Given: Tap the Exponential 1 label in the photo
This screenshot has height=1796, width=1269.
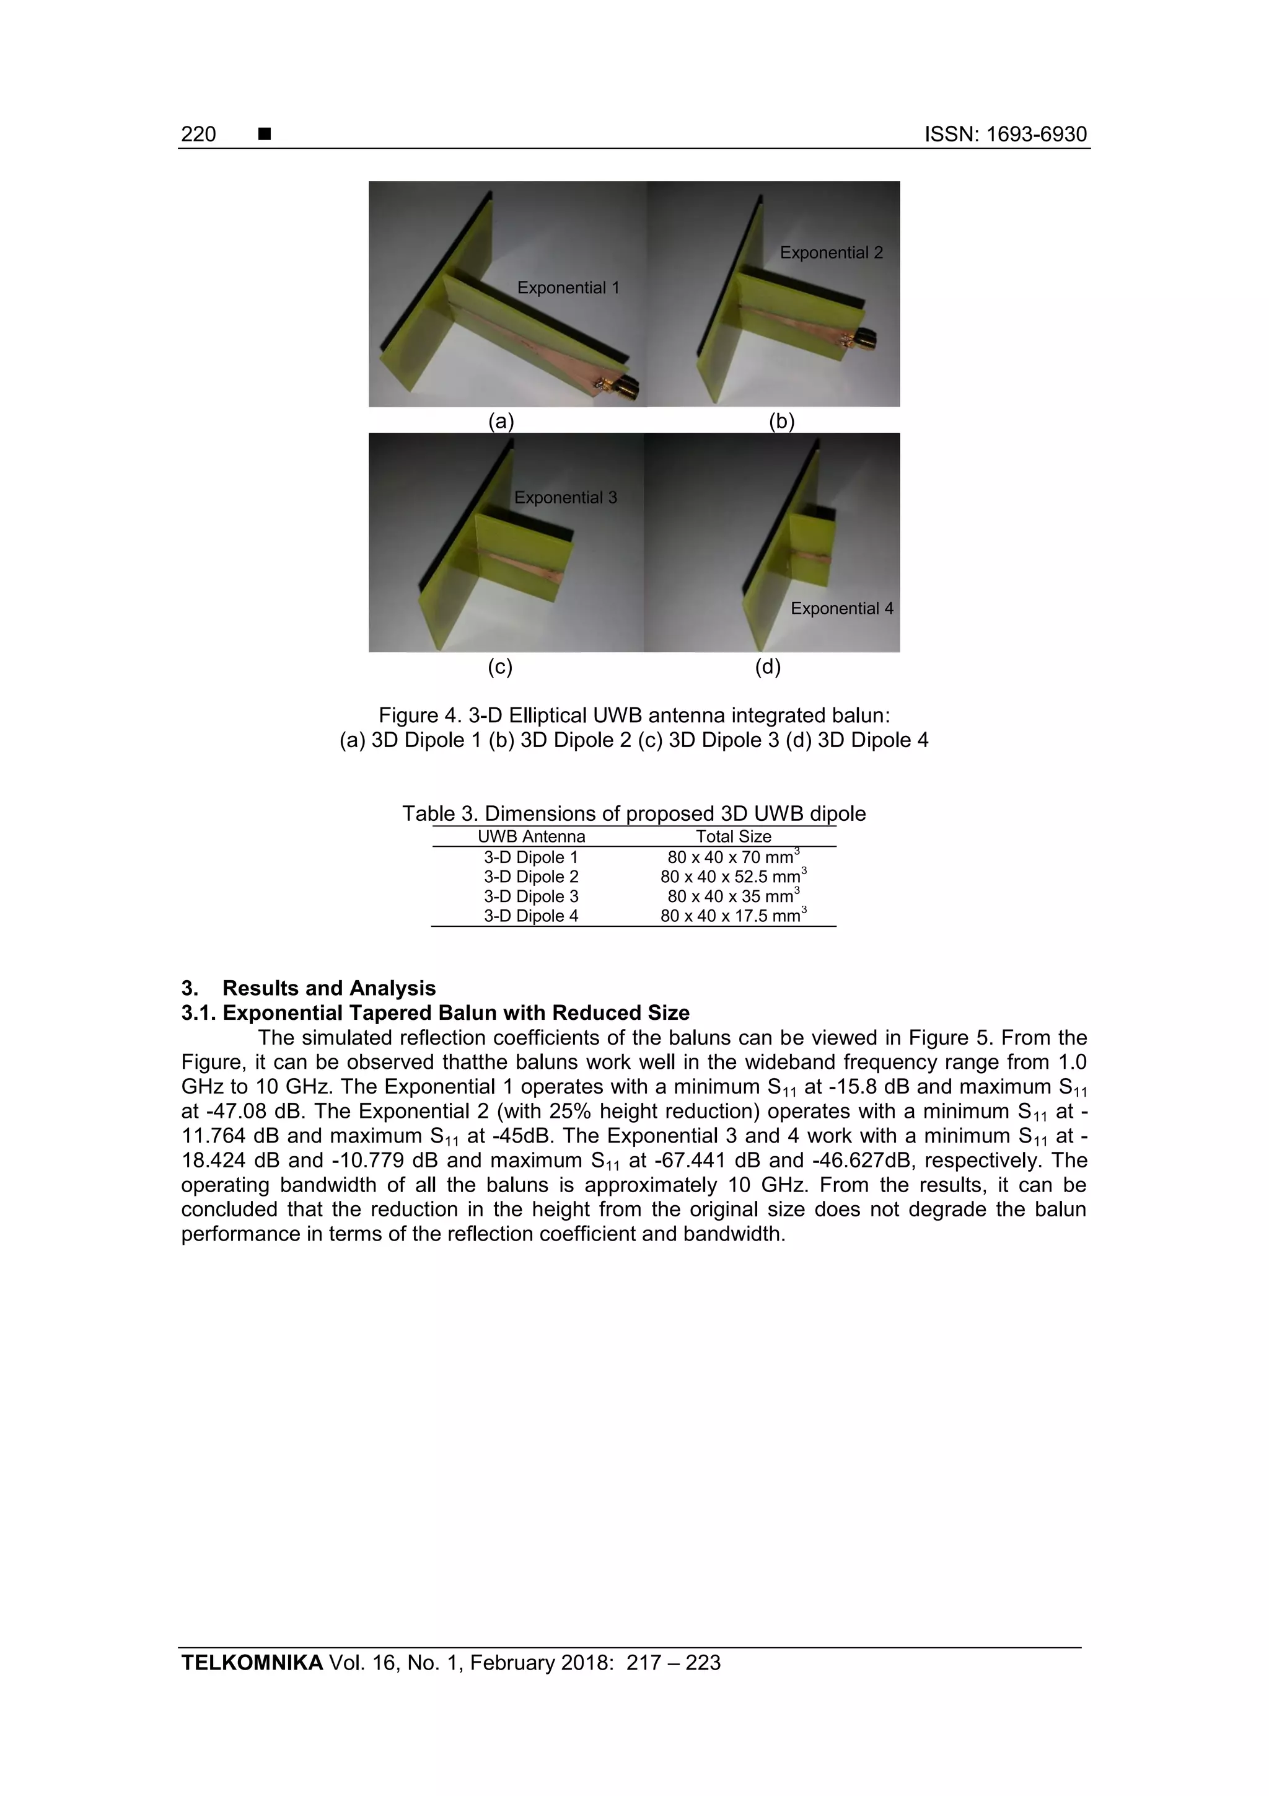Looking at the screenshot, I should (x=568, y=288).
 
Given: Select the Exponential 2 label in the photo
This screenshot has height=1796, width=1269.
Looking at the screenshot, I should (x=830, y=253).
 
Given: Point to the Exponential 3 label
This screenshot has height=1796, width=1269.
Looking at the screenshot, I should (x=564, y=497).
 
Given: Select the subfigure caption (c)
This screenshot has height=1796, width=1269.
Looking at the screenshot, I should (x=499, y=667).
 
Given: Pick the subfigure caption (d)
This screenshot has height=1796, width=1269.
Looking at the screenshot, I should (x=767, y=667).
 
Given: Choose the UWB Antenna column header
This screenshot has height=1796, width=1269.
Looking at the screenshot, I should (x=531, y=836).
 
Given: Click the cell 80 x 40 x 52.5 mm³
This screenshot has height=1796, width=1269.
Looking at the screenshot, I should (x=732, y=877).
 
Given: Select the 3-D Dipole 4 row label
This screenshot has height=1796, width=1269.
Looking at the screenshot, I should (x=531, y=916).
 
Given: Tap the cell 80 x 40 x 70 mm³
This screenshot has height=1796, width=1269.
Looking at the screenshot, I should (x=732, y=857).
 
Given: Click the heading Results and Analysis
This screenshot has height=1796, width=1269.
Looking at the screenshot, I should (x=328, y=988).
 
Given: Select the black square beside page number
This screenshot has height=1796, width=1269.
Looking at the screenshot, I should (x=265, y=135).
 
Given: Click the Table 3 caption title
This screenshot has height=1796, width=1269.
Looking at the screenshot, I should (x=633, y=813).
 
